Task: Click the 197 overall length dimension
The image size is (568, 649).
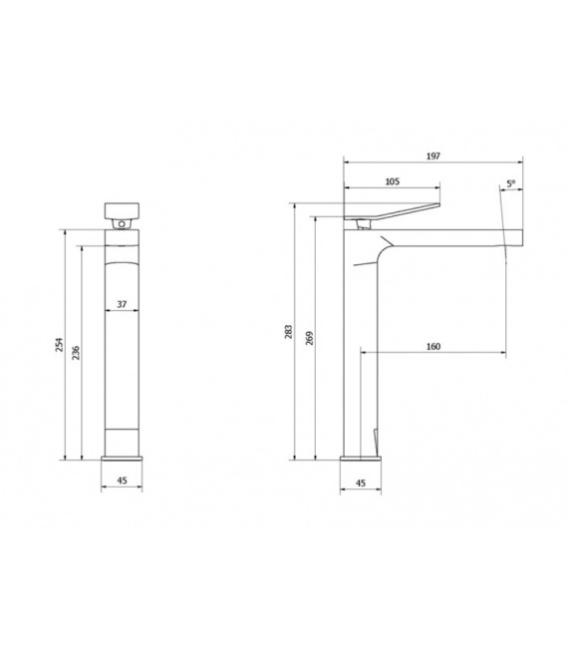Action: [432, 157]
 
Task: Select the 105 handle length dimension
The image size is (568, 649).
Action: [392, 181]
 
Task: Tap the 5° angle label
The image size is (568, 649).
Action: [510, 183]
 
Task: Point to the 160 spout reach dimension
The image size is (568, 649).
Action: [432, 346]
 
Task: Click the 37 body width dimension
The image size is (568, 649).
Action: [121, 305]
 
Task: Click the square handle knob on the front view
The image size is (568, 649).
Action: [122, 210]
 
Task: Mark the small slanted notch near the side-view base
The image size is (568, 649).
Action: [373, 439]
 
